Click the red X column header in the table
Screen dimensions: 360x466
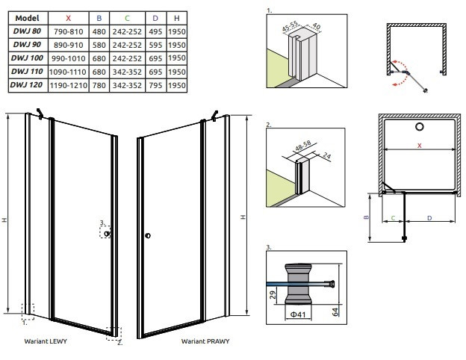point(69,16)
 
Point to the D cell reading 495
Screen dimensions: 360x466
point(155,31)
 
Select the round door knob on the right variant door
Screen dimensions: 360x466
point(147,237)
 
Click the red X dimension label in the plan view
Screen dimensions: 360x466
point(419,145)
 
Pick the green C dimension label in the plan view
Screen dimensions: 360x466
point(393,218)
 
